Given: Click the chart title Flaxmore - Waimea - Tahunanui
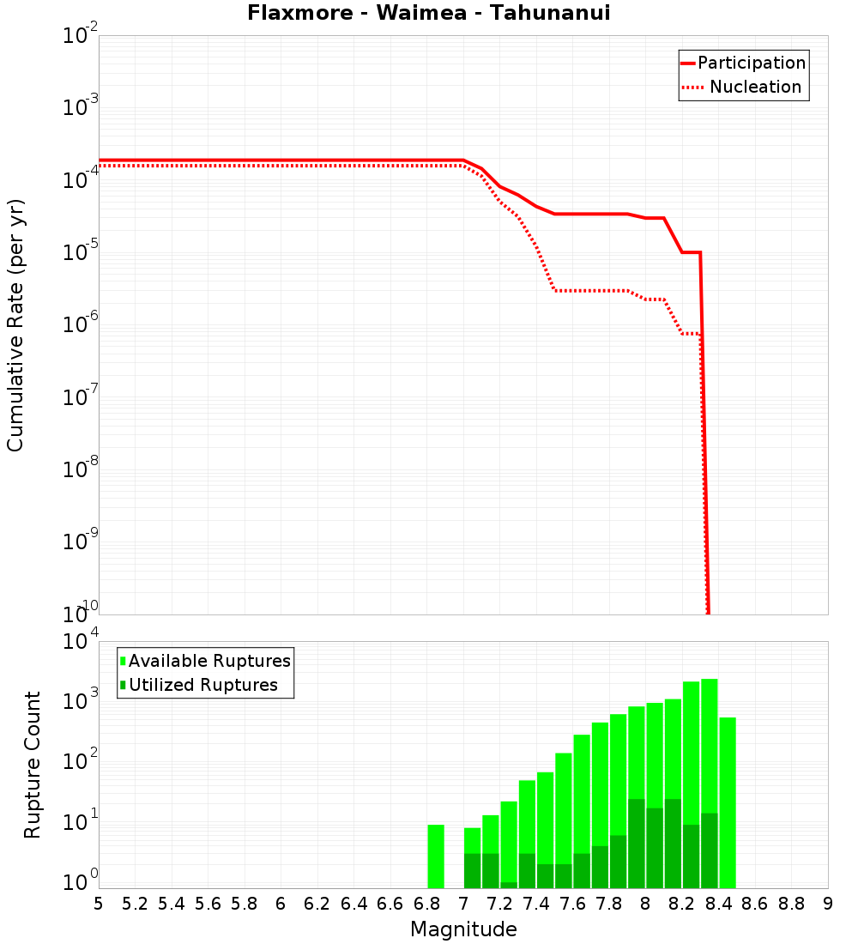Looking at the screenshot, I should [x=429, y=14].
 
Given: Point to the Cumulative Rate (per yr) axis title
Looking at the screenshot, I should [x=16, y=325].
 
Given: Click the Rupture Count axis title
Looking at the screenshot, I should [x=33, y=765].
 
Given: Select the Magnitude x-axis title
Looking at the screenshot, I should [x=463, y=929].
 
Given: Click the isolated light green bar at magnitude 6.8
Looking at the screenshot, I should [x=436, y=856].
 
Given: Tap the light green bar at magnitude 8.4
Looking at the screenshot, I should [x=728, y=802].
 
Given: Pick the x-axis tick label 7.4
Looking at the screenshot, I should [x=536, y=904].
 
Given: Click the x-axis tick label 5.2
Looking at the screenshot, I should [x=135, y=904].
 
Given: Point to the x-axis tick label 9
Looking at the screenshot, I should [x=828, y=904].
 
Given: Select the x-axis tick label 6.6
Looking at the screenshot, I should [x=390, y=904].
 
